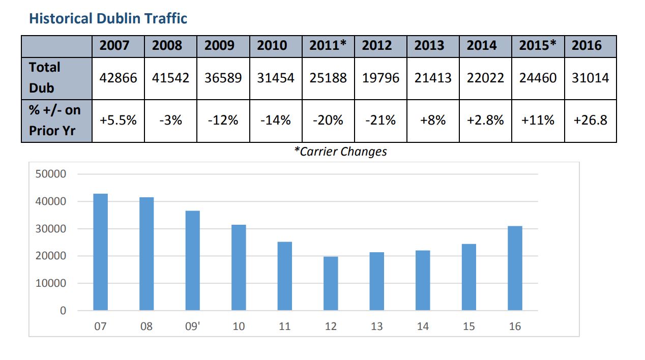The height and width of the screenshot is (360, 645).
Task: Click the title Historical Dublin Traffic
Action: tap(108, 18)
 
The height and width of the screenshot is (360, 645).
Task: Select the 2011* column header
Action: tap(328, 45)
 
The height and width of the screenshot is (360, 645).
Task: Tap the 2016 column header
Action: tap(587, 45)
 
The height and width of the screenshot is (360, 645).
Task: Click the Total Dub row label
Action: tap(45, 78)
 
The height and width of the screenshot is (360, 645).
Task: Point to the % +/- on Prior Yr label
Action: tap(55, 121)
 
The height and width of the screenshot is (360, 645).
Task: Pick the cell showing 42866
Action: tap(118, 78)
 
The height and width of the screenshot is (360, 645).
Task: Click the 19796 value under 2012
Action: tap(380, 78)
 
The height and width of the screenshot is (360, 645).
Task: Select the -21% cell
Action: tap(380, 121)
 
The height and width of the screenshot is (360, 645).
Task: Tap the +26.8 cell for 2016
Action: tap(590, 121)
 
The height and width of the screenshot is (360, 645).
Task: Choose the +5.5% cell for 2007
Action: tap(118, 121)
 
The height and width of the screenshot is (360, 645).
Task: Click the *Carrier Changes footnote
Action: tap(340, 152)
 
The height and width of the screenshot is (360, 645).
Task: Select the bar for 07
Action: tap(101, 252)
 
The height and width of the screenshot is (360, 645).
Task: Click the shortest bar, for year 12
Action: tap(331, 283)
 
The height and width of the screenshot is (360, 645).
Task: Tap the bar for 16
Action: tap(515, 268)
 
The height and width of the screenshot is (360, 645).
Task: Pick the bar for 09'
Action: tap(193, 261)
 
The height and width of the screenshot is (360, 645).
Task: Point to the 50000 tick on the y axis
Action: tap(51, 174)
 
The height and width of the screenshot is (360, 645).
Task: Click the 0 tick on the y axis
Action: tap(63, 311)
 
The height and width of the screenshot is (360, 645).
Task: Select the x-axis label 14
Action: tap(423, 326)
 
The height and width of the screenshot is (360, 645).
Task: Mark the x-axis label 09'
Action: tap(192, 326)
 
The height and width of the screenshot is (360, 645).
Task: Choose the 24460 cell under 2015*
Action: tap(538, 78)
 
